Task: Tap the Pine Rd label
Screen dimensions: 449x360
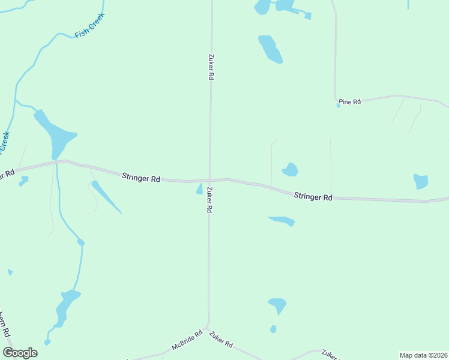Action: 349,102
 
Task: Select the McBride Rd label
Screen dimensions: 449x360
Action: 187,340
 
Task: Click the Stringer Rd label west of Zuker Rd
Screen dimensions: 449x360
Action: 141,178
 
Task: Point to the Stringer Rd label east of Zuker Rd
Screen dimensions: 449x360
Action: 313,197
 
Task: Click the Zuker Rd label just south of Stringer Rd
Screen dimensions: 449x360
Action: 209,200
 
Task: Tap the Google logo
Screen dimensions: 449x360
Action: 20,353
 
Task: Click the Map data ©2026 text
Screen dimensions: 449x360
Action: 423,355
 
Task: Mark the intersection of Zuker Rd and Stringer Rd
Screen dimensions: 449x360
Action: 209,179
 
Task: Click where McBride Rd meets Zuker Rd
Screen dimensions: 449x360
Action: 206,329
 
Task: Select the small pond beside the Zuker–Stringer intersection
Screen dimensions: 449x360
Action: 199,190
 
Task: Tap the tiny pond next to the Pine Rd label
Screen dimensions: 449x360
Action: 339,106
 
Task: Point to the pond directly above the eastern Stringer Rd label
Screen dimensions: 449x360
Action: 291,170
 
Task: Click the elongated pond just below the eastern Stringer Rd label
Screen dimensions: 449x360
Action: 282,220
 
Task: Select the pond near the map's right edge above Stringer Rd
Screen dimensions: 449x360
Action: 421,181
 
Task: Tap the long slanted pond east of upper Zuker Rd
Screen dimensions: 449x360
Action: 270,49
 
